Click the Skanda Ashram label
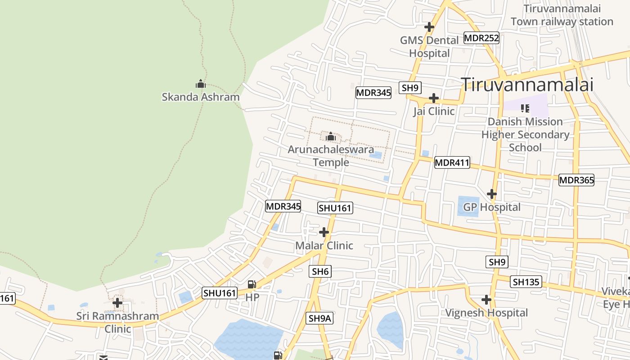(x=201, y=97)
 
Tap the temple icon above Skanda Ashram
(x=201, y=84)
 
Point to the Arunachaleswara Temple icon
(x=331, y=136)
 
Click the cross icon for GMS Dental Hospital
(x=429, y=27)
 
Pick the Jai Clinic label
(x=434, y=111)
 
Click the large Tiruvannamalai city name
(x=527, y=85)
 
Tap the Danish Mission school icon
(x=525, y=108)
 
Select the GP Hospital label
(x=492, y=207)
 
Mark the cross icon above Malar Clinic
(x=324, y=232)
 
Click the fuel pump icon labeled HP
(x=252, y=284)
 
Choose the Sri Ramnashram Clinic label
(x=117, y=322)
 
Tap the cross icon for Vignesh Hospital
(x=486, y=300)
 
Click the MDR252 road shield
(x=481, y=38)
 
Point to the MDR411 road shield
(x=452, y=163)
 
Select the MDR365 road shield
(x=576, y=180)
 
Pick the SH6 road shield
(x=321, y=271)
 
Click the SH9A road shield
(x=320, y=318)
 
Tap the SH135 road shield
(x=526, y=282)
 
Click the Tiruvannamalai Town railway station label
(x=562, y=15)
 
